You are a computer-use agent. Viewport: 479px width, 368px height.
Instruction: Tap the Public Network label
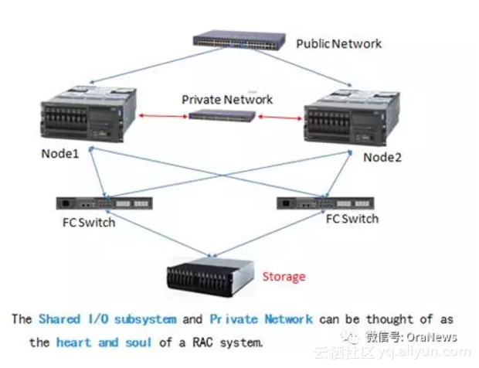point(338,43)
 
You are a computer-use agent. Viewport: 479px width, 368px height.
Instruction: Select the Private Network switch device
point(224,116)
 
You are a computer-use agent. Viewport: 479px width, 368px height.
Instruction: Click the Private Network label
point(227,100)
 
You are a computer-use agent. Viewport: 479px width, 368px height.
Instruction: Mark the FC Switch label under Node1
point(89,223)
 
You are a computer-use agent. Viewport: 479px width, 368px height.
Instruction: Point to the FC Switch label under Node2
point(352,219)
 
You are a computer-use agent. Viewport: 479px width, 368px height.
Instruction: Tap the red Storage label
point(284,276)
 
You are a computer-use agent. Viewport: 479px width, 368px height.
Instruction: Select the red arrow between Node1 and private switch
point(163,116)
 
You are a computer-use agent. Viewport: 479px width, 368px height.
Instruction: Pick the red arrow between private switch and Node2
point(280,118)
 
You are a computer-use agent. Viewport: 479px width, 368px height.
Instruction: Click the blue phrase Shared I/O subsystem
point(107,319)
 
